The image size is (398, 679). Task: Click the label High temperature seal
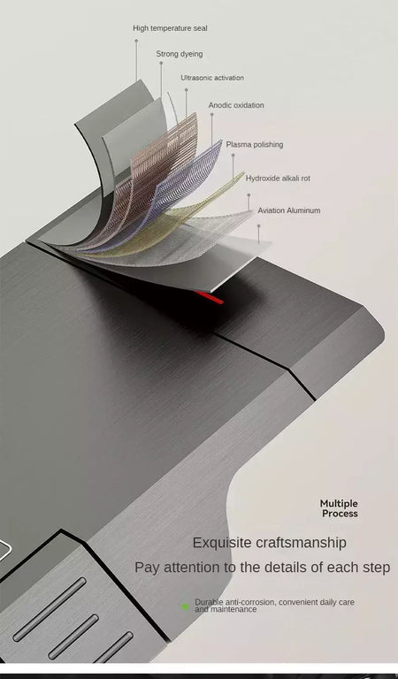point(170,28)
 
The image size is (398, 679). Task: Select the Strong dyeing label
point(180,54)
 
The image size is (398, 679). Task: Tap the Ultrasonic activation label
point(212,78)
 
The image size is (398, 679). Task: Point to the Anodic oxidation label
point(236,105)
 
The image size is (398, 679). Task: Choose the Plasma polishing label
point(255,145)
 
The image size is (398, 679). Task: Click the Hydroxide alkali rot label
point(278,179)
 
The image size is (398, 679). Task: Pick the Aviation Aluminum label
point(289,210)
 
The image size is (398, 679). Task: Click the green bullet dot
point(186,607)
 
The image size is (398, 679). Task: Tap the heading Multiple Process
point(339,508)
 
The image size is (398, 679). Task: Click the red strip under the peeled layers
point(210,297)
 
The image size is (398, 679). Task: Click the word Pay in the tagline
point(145,568)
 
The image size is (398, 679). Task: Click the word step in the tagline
point(376,568)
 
